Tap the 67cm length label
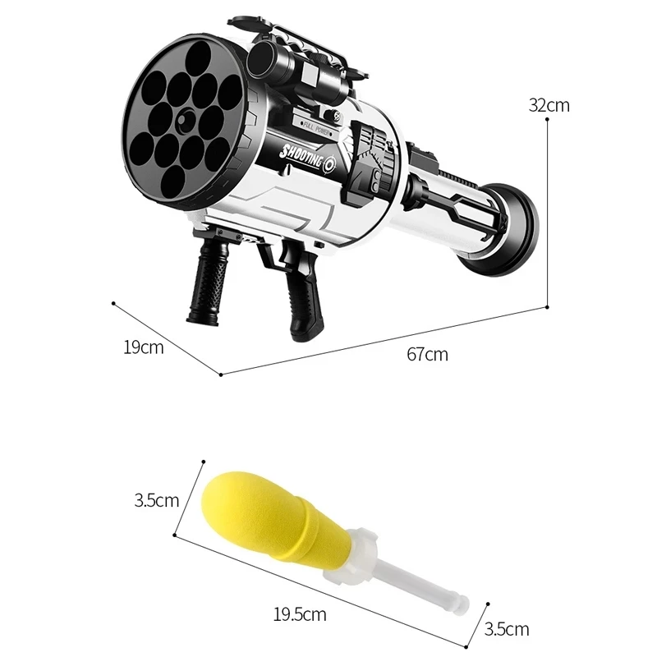(427, 355)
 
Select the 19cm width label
(143, 347)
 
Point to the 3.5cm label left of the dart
(156, 499)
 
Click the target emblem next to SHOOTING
(331, 163)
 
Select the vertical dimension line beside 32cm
(549, 205)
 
